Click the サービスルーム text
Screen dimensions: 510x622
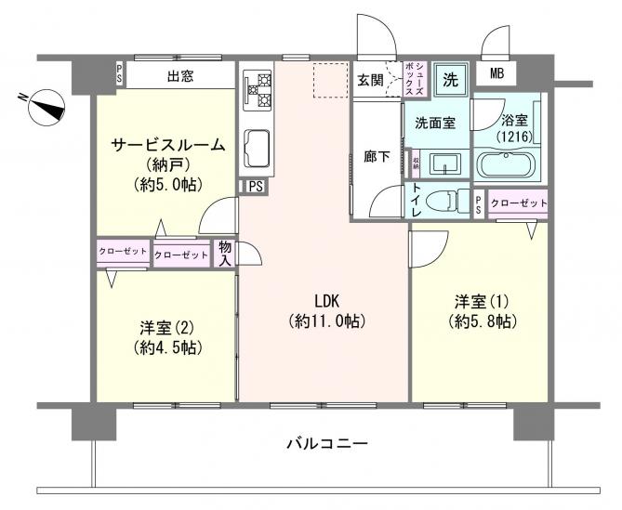tap(167, 144)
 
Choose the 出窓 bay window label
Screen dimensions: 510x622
tap(180, 77)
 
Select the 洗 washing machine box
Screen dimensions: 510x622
tap(451, 77)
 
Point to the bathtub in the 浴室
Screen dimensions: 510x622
tap(507, 166)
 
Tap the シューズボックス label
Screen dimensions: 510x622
tap(414, 77)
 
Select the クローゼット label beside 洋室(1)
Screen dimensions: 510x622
tap(517, 203)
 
